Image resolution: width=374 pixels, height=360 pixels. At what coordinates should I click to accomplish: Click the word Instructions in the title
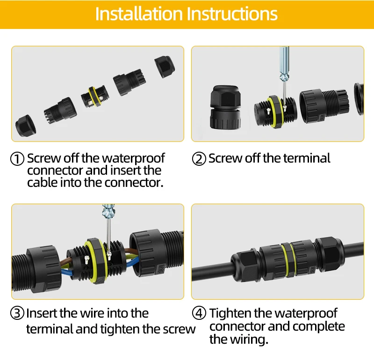(x=232, y=14)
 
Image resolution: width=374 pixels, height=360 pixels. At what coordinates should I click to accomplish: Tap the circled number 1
(x=17, y=159)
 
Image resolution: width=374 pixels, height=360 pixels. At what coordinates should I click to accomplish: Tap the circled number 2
(x=199, y=159)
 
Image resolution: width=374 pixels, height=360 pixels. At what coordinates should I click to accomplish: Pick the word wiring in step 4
(x=249, y=339)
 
